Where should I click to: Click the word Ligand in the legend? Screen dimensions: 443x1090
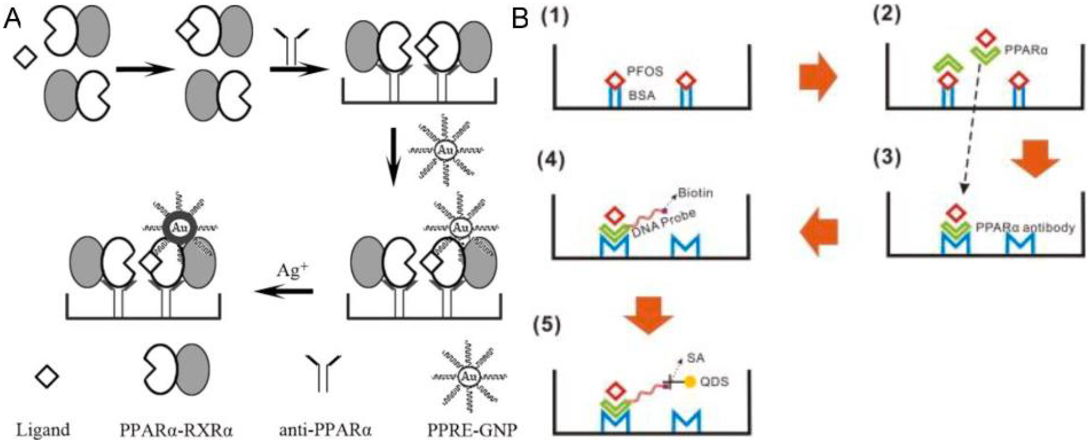click(x=43, y=430)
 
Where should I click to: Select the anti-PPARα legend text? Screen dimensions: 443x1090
click(x=325, y=430)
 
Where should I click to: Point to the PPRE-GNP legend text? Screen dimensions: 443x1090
click(x=472, y=430)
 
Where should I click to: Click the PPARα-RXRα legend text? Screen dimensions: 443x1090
click(x=177, y=430)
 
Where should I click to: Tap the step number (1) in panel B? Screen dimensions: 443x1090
click(x=555, y=16)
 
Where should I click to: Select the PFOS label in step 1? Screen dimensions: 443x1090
click(x=645, y=72)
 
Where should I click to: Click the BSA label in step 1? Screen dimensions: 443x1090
click(x=641, y=96)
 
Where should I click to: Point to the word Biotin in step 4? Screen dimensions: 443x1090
click(x=695, y=193)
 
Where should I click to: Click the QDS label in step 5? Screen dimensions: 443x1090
click(x=714, y=382)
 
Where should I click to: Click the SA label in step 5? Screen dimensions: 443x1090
click(x=696, y=358)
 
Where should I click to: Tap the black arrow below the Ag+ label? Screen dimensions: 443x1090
click(x=284, y=292)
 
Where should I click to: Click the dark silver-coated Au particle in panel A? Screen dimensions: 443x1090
click(x=178, y=228)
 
